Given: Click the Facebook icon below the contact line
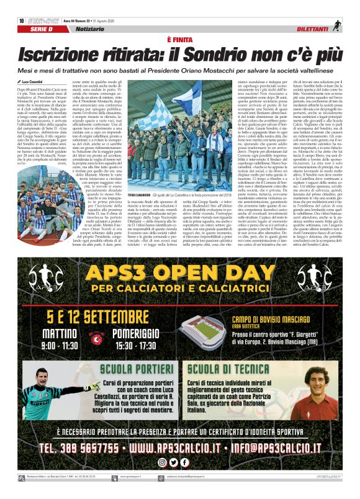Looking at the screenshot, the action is pyautogui.click(x=184, y=462).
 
